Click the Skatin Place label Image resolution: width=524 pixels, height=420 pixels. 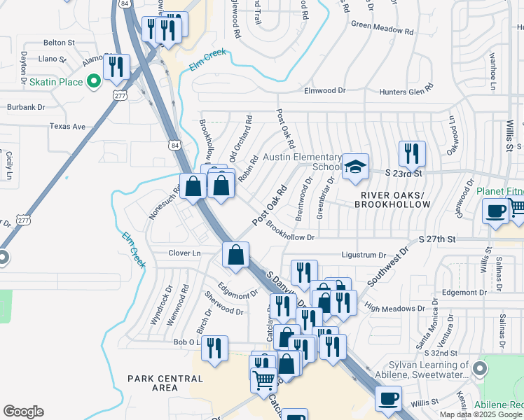[x=57, y=83]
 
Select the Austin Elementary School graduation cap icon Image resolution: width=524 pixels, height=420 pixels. [x=355, y=167]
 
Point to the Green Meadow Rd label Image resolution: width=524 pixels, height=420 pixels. [x=382, y=30]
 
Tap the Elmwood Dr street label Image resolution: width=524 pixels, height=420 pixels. [x=325, y=91]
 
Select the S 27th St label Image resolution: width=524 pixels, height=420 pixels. [x=437, y=239]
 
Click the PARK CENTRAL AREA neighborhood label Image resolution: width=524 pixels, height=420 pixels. [x=165, y=383]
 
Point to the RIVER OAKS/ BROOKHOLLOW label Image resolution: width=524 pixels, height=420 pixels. [x=392, y=199]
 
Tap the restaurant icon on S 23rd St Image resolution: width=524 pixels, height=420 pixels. [x=412, y=153]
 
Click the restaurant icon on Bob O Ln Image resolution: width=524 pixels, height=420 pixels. [x=214, y=348]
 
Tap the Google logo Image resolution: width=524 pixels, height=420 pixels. [x=24, y=412]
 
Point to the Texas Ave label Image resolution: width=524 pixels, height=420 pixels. [x=67, y=127]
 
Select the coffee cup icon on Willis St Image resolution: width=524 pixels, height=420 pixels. [x=388, y=399]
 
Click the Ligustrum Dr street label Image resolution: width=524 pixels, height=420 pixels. [x=364, y=255]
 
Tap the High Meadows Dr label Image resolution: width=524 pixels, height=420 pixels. [x=395, y=308]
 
